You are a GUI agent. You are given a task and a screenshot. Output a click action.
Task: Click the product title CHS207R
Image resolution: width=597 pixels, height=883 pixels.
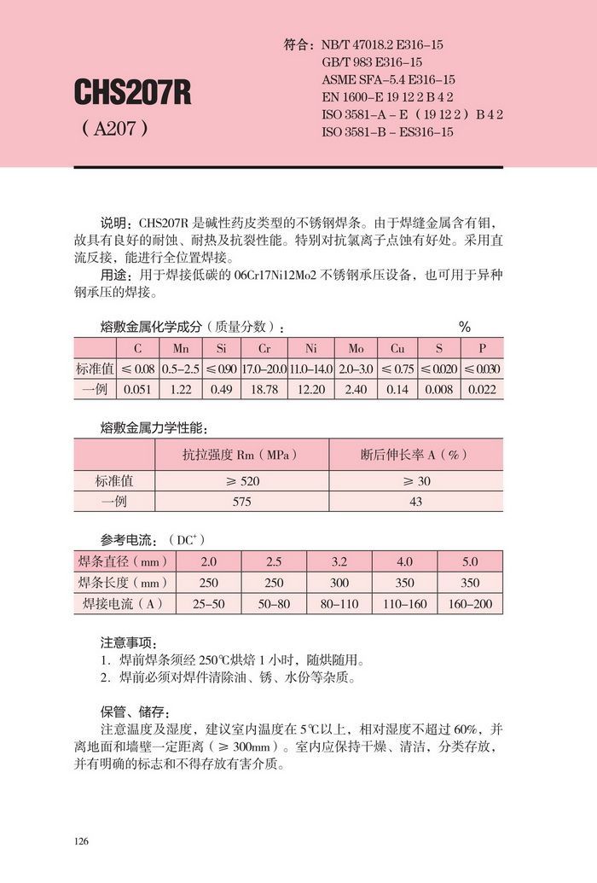pyautogui.click(x=132, y=92)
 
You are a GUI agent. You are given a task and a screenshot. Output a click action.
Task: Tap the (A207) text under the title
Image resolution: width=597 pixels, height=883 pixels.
pyautogui.click(x=115, y=129)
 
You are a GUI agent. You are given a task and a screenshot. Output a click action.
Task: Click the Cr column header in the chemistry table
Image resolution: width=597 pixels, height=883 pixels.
pyautogui.click(x=266, y=348)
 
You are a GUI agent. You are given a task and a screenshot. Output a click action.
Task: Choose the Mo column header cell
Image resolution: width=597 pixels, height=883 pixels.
pyautogui.click(x=356, y=348)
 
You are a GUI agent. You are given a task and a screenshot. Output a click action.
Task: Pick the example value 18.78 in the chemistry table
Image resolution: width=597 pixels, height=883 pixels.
pyautogui.click(x=266, y=389)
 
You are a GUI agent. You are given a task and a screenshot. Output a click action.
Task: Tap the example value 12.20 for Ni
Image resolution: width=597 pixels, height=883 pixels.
pyautogui.click(x=310, y=389)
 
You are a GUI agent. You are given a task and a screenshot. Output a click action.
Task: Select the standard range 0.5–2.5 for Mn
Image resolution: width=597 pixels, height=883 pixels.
pyautogui.click(x=180, y=369)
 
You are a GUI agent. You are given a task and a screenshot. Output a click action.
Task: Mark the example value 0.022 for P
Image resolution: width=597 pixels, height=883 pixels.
pyautogui.click(x=483, y=389)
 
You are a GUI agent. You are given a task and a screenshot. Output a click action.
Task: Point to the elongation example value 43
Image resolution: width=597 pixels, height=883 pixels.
pyautogui.click(x=416, y=502)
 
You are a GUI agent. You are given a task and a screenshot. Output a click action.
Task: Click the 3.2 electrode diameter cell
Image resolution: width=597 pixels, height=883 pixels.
pyautogui.click(x=339, y=562)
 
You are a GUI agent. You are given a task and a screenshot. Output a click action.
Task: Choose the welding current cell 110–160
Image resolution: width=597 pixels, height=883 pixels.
pyautogui.click(x=404, y=604)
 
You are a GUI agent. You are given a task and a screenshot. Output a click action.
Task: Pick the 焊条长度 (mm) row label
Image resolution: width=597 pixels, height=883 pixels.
pyautogui.click(x=125, y=583)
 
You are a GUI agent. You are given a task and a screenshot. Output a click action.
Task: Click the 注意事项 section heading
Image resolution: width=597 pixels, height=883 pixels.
pyautogui.click(x=129, y=642)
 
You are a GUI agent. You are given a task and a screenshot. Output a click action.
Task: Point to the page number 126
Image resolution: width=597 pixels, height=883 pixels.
pyautogui.click(x=82, y=842)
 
